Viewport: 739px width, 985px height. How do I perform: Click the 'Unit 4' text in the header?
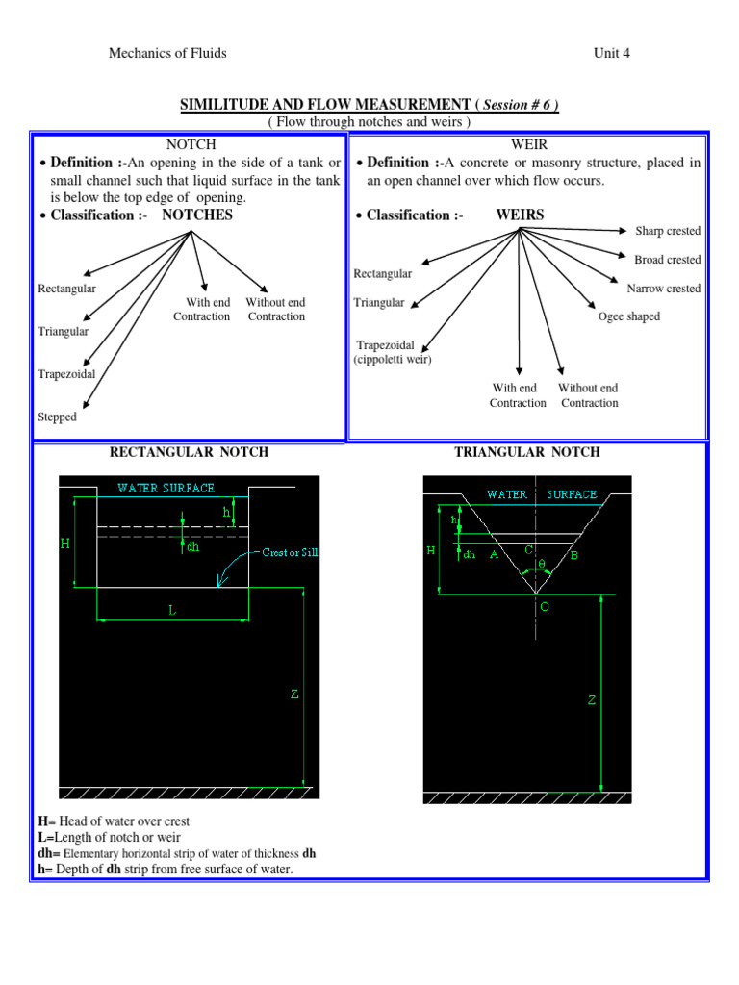tap(612, 53)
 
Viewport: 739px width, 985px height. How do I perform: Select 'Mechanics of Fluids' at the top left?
tap(167, 53)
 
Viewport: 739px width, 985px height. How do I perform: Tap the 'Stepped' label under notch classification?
tap(57, 417)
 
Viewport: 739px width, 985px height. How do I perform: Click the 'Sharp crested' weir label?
tap(668, 231)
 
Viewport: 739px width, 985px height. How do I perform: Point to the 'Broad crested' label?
tap(668, 260)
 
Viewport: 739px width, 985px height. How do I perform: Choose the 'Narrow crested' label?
tap(664, 289)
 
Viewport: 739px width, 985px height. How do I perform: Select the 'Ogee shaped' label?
tap(629, 316)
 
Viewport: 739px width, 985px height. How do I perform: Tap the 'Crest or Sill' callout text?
tap(295, 552)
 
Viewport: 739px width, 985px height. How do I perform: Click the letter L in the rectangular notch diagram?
tap(172, 610)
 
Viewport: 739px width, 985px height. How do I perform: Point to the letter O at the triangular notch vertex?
tap(544, 608)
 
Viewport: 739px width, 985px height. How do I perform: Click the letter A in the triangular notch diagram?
tap(494, 555)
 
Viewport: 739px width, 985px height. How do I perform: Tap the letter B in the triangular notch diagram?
tap(574, 555)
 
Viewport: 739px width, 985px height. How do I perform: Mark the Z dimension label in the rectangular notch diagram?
tap(295, 695)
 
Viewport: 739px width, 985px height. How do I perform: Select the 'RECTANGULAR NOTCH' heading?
tap(190, 452)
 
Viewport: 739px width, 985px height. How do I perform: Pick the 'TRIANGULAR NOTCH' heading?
tap(526, 452)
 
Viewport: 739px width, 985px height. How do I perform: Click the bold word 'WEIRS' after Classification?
tap(520, 215)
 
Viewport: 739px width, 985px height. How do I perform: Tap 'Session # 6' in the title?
tap(522, 104)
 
